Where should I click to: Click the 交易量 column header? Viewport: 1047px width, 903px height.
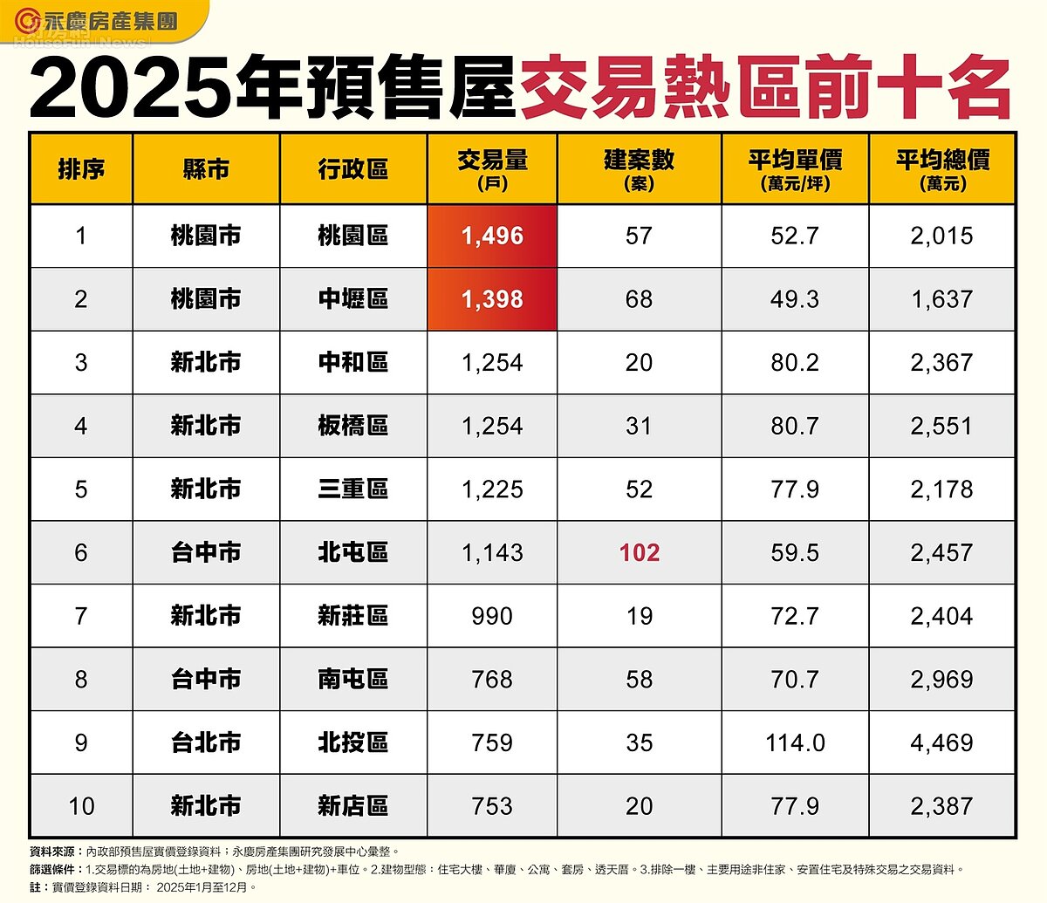pyautogui.click(x=492, y=168)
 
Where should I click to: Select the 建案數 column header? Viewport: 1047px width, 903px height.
pyautogui.click(x=639, y=168)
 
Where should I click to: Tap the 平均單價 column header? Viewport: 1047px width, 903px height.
pyautogui.click(x=795, y=168)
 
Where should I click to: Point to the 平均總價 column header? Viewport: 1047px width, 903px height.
pyautogui.click(x=942, y=168)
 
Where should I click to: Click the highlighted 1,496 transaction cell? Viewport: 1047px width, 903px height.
pyautogui.click(x=492, y=236)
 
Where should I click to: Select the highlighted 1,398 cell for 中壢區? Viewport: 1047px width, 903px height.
pyautogui.click(x=492, y=299)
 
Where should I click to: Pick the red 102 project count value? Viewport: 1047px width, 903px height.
pyautogui.click(x=639, y=552)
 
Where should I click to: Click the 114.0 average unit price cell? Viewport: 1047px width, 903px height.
pyautogui.click(x=795, y=742)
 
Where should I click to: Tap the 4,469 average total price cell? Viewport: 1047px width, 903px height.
pyautogui.click(x=942, y=742)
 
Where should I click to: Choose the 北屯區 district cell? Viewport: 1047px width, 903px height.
pyautogui.click(x=352, y=552)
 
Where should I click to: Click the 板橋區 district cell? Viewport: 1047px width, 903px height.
pyautogui.click(x=352, y=426)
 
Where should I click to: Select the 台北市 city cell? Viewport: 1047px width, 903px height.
pyautogui.click(x=206, y=742)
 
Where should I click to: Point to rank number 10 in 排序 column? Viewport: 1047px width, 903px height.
pyautogui.click(x=81, y=806)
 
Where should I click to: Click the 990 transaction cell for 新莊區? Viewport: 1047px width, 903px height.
pyautogui.click(x=492, y=616)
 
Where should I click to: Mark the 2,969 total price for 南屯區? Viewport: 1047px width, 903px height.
pyautogui.click(x=942, y=679)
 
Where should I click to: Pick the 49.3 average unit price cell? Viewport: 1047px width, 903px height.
pyautogui.click(x=795, y=299)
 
